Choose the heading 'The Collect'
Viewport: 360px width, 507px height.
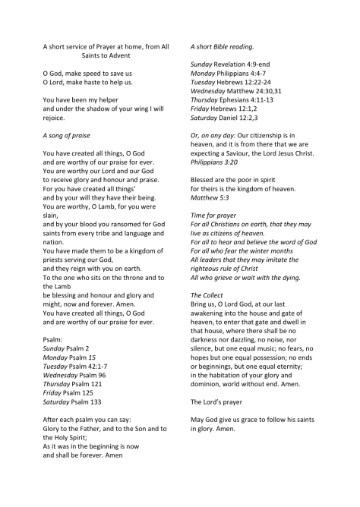point(207,294)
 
